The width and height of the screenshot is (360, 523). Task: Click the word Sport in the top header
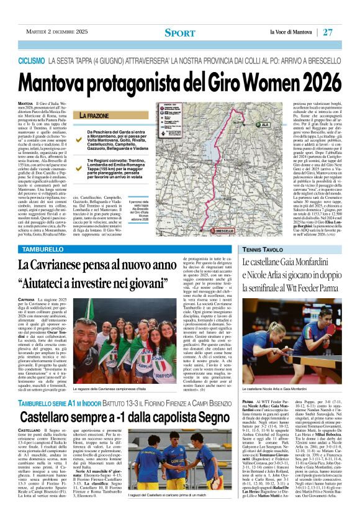click(180, 33)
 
